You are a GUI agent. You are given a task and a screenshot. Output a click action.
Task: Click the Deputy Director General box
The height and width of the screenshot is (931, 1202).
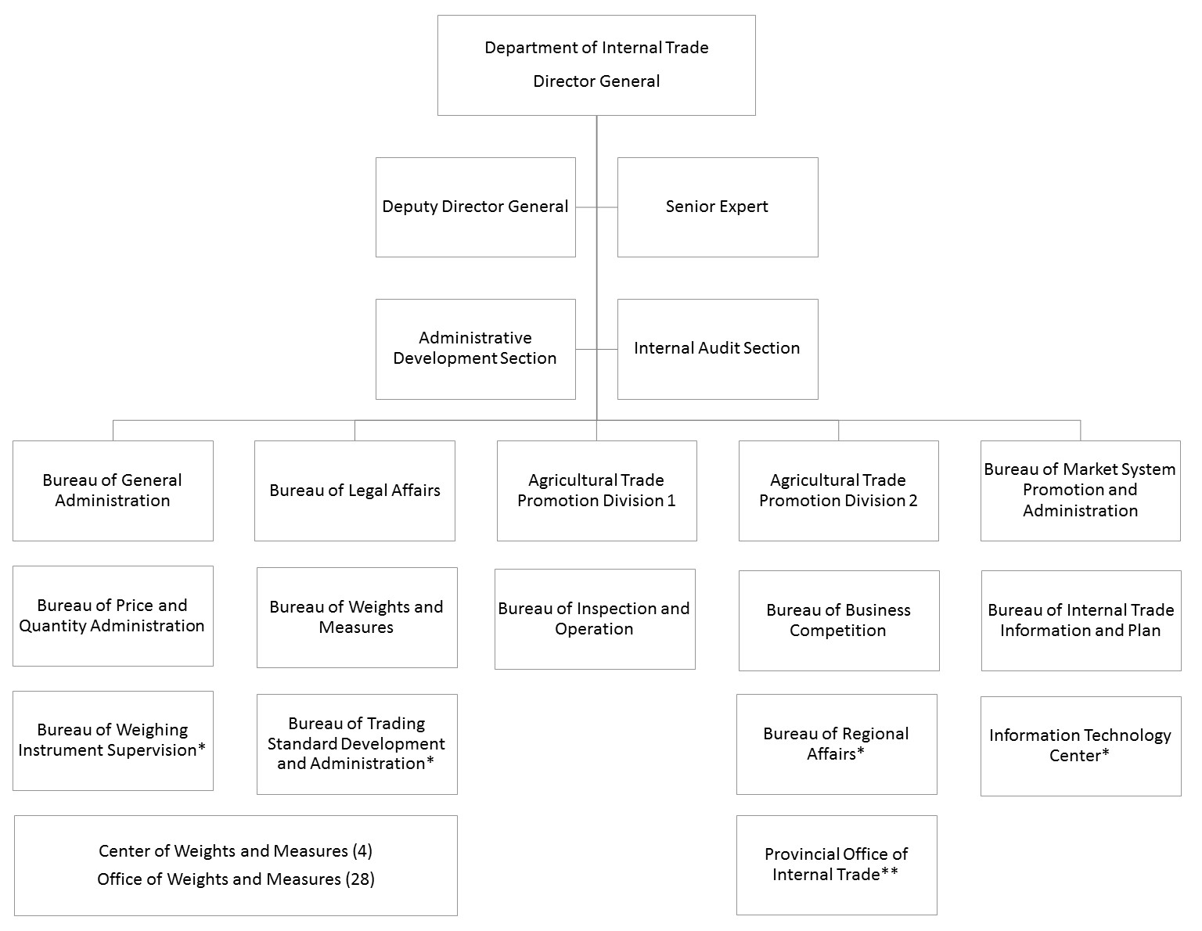(x=475, y=207)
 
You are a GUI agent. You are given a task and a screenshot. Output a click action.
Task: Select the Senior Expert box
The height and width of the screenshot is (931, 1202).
(x=718, y=207)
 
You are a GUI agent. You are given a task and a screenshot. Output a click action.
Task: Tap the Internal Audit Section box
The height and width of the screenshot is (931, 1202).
(x=718, y=349)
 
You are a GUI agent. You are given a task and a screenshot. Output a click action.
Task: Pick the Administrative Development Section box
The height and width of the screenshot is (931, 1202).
(x=475, y=349)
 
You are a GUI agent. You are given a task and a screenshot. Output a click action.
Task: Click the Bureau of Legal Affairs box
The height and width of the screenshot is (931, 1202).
(x=354, y=491)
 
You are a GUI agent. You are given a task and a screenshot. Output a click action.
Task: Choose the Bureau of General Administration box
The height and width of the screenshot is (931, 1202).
(x=113, y=491)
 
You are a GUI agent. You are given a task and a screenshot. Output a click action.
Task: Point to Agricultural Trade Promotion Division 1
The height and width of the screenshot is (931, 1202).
(x=597, y=491)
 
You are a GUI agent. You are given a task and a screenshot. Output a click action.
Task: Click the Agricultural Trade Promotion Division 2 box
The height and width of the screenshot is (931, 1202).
(x=839, y=491)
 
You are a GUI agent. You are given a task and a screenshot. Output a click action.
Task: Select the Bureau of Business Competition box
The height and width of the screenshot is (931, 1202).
(x=839, y=620)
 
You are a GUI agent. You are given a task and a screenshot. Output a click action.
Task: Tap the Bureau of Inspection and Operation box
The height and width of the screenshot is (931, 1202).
(x=595, y=619)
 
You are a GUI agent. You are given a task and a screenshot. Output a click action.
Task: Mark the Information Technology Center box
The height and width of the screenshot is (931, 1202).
(x=1081, y=746)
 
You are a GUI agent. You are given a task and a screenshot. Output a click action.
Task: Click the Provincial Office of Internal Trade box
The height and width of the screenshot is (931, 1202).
(x=837, y=865)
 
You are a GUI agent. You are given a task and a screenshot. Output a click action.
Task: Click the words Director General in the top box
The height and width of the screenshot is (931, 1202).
(x=596, y=81)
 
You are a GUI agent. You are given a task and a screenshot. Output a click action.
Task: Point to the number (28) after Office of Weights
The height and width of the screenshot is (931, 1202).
(x=360, y=879)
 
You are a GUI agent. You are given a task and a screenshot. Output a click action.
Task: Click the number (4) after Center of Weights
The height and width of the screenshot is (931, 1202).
(x=362, y=851)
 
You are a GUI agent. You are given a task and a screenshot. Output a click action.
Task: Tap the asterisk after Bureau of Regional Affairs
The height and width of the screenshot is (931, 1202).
(x=860, y=751)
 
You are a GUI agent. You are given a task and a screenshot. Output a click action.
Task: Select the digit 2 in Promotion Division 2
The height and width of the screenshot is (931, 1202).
(x=912, y=501)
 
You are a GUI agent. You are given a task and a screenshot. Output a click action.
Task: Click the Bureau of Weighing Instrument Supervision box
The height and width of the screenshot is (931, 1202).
(x=113, y=740)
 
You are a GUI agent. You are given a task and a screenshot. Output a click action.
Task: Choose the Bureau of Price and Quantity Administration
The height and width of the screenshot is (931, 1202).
(x=113, y=616)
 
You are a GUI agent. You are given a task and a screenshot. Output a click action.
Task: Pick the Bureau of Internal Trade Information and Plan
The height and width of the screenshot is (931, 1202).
(x=1081, y=620)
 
